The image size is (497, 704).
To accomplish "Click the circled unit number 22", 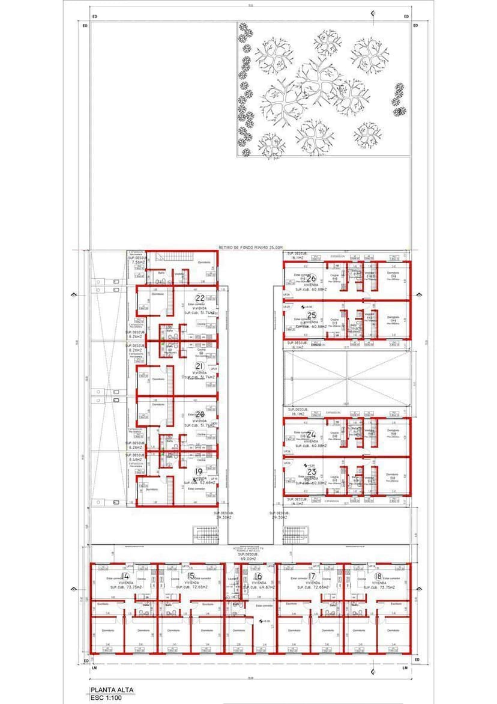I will (200, 297).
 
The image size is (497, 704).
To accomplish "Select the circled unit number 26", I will (312, 279).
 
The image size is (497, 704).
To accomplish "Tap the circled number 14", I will (125, 576).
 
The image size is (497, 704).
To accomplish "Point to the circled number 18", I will (378, 576).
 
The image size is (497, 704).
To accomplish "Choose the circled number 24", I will (312, 434).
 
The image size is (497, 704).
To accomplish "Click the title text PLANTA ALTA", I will (112, 690).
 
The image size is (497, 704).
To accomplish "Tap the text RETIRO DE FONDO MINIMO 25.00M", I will (250, 247).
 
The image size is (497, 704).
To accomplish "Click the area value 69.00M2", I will (248, 559).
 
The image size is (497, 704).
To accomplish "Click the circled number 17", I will (312, 576).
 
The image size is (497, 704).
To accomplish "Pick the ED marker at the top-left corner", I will (85, 26).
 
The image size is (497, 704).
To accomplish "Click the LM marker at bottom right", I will (405, 667).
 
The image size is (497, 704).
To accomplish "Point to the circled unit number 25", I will (312, 315).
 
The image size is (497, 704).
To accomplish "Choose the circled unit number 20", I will (200, 414).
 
